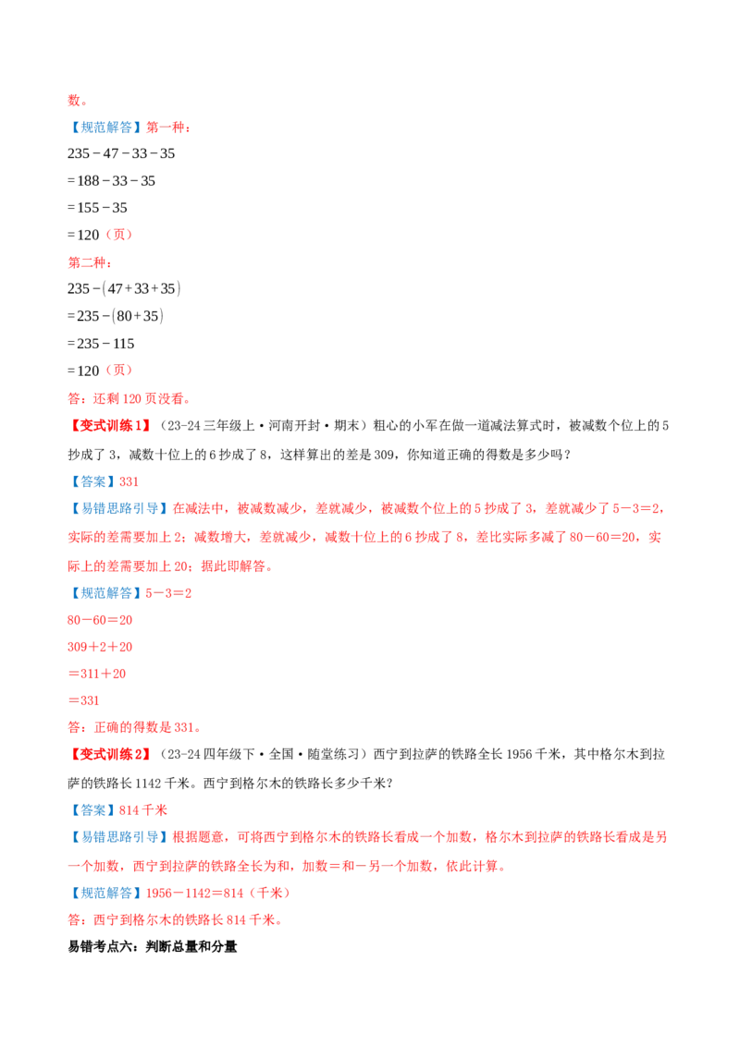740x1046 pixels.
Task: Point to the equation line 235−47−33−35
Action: click(x=121, y=153)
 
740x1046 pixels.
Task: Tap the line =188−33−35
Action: click(x=112, y=181)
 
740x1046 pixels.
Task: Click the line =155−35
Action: click(x=97, y=208)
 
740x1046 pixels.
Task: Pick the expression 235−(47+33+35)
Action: click(x=124, y=288)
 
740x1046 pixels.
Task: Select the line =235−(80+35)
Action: click(x=116, y=315)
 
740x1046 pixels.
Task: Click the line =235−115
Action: click(x=101, y=344)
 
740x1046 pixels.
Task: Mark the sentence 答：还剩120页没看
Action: click(x=129, y=399)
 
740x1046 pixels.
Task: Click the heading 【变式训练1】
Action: click(x=110, y=426)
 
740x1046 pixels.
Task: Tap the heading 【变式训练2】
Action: click(x=110, y=755)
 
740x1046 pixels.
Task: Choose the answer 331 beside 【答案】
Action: click(x=129, y=481)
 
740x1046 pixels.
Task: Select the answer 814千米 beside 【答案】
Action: click(x=143, y=810)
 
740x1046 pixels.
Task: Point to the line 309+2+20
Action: click(x=100, y=647)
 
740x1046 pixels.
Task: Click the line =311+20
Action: click(x=97, y=674)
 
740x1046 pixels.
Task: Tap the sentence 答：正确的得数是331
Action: click(x=134, y=728)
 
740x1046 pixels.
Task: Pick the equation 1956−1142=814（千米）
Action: click(x=218, y=894)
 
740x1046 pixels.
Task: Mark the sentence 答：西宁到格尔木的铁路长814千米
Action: click(x=175, y=920)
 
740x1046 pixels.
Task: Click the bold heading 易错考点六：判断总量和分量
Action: click(x=153, y=946)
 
